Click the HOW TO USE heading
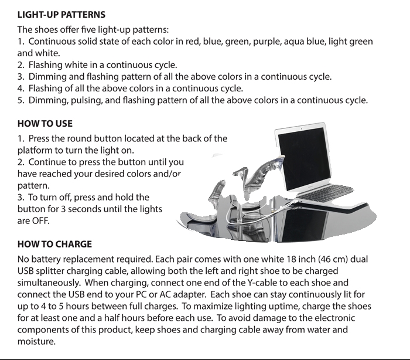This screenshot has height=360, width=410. tap(45, 124)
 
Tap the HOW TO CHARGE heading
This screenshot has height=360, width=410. tap(54, 244)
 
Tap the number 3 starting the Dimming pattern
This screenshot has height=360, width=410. tap(20, 77)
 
